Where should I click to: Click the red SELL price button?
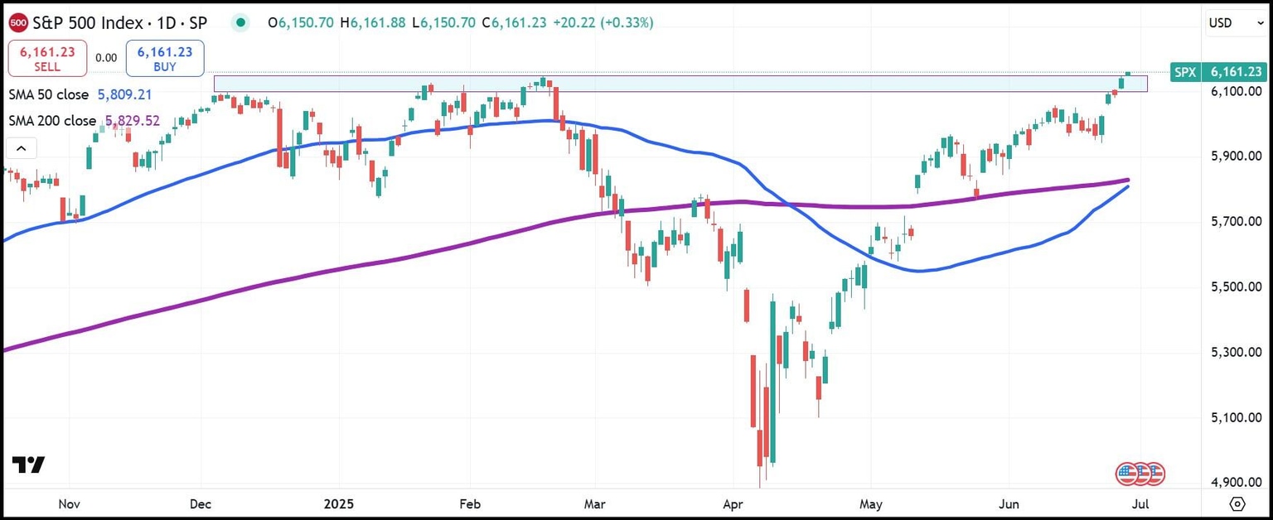[47, 59]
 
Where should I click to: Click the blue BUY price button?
[165, 59]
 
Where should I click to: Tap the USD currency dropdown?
[1235, 23]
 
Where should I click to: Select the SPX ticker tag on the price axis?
[1184, 73]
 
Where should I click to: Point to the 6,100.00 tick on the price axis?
[1235, 90]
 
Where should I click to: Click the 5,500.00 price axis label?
[1235, 286]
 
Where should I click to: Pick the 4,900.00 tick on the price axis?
[1235, 483]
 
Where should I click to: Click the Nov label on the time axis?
[69, 503]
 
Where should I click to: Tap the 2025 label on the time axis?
[339, 503]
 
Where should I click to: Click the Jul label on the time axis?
[1141, 503]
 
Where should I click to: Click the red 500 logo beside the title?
[17, 22]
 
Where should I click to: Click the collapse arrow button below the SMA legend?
[21, 149]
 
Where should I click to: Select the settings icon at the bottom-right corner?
[1237, 503]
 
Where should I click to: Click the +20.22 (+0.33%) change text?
[603, 23]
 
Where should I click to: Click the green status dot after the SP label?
[240, 23]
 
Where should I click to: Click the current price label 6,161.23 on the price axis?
[1235, 73]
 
